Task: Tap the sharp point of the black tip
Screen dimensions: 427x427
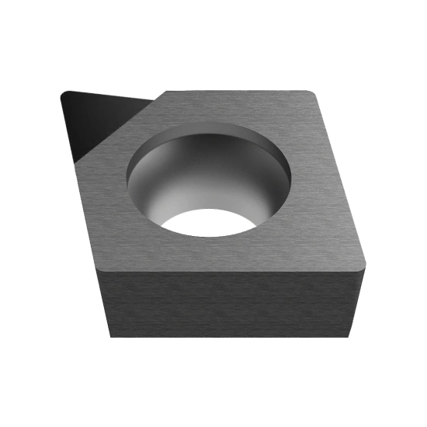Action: [62, 94]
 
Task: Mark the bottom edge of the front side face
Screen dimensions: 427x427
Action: [233, 338]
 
